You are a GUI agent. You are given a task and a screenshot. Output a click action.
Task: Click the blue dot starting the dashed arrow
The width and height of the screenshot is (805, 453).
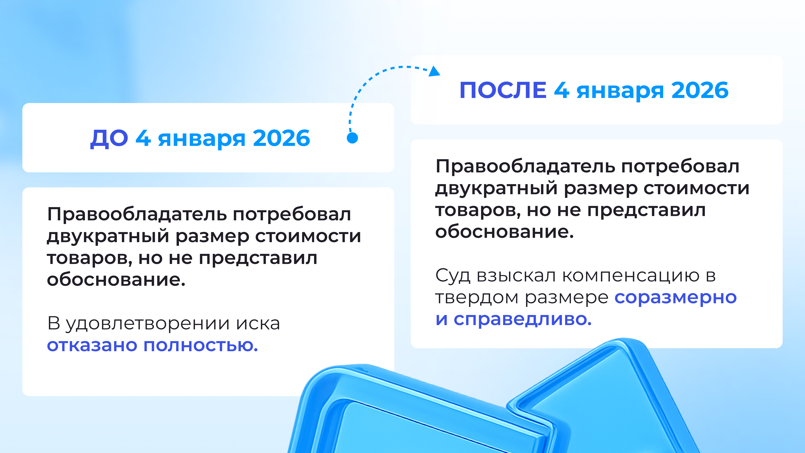352,138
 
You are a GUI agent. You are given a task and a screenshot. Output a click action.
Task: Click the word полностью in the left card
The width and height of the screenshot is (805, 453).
200,345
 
